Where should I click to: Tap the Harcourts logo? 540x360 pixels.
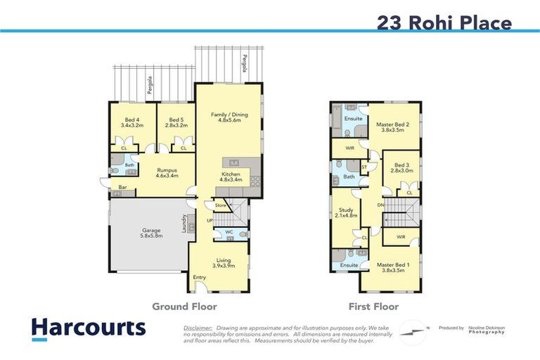(88, 328)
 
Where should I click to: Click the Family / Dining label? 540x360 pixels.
(229, 118)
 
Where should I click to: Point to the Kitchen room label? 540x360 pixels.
(231, 176)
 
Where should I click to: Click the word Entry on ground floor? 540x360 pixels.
(200, 277)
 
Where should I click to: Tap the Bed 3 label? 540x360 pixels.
(401, 167)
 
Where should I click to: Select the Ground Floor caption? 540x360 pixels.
(185, 307)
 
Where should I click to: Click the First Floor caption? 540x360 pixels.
(373, 307)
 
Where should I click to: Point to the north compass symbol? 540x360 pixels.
(413, 329)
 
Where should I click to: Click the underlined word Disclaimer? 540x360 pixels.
(198, 328)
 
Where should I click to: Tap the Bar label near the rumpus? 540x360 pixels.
(122, 187)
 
